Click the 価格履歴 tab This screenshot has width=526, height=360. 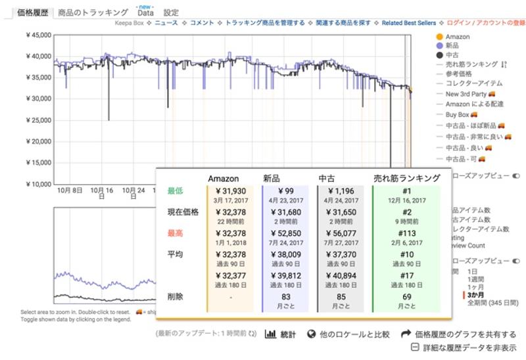pyautogui.click(x=32, y=12)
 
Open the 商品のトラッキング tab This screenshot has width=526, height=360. pyautogui.click(x=93, y=12)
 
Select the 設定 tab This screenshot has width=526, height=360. pyautogui.click(x=171, y=12)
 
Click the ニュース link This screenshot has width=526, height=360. pyautogui.click(x=166, y=23)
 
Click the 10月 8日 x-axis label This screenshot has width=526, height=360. pyautogui.click(x=70, y=190)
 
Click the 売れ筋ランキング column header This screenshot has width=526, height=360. pyautogui.click(x=407, y=178)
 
